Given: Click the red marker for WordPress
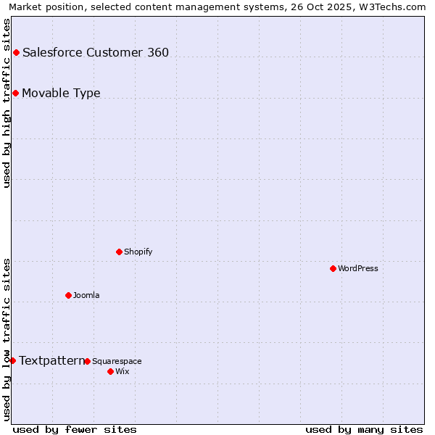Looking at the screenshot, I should click(x=333, y=268).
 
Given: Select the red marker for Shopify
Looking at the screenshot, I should click(x=119, y=252).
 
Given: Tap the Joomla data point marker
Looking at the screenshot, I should click(x=68, y=295).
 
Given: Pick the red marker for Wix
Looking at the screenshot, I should click(x=110, y=371).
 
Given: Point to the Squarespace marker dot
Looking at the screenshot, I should click(x=87, y=361).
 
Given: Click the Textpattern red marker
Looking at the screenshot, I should click(x=12, y=360).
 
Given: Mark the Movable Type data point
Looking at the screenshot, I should click(x=15, y=93).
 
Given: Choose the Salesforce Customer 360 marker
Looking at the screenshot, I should click(x=16, y=52).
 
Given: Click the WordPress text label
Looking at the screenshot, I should click(x=357, y=268).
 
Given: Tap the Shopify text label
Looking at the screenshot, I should click(x=138, y=252).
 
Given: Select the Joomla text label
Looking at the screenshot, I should click(x=86, y=295).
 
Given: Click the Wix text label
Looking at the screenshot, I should click(x=122, y=371).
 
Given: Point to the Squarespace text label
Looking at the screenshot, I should click(x=117, y=361).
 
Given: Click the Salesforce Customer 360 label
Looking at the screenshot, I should click(x=96, y=52).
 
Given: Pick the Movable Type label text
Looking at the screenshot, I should click(x=61, y=93).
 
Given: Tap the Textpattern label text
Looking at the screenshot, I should click(x=51, y=360).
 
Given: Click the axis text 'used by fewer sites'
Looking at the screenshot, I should click(x=75, y=429).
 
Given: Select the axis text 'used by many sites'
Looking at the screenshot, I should click(x=364, y=429).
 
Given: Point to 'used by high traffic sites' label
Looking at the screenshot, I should click(x=7, y=103).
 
